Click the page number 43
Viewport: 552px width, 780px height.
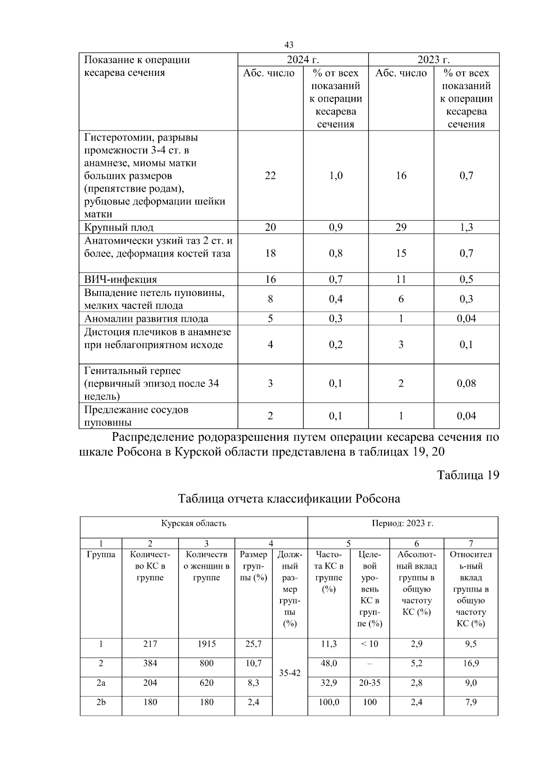289,45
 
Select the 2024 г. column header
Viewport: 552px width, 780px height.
303,60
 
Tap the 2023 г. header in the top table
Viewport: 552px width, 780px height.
433,60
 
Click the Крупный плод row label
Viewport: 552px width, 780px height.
119,228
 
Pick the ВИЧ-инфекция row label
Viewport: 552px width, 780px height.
121,279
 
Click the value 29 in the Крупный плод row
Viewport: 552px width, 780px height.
401,228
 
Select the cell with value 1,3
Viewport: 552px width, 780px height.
466,228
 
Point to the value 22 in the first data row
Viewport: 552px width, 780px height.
270,176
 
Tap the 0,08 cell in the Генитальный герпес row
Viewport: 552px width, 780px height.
466,383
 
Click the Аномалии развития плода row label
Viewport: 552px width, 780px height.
146,319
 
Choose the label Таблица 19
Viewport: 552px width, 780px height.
468,475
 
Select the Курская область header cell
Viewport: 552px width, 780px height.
193,524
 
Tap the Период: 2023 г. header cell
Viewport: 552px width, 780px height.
402,524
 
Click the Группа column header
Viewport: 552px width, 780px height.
101,555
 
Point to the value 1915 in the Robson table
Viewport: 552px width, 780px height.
207,644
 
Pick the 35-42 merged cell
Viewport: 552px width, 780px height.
290,673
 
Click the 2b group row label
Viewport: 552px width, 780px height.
101,702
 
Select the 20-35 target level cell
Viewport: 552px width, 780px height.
369,683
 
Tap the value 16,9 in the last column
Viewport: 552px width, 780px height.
471,664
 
